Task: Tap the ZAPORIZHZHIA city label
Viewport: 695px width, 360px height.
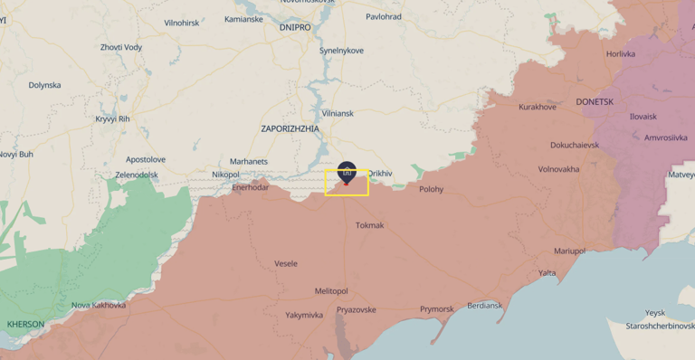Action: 290,129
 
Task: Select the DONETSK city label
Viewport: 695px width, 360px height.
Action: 595,102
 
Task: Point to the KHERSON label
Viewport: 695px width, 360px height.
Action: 25,324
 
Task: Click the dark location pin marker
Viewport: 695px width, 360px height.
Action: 347,172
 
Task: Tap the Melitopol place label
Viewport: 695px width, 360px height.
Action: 331,291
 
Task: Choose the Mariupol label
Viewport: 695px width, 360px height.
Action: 570,251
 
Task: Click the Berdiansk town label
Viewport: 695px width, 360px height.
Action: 485,306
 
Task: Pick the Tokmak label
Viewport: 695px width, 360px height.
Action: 370,225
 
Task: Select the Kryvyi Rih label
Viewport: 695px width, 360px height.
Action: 113,118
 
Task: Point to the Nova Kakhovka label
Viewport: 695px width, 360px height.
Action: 99,305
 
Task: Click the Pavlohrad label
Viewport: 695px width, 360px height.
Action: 384,16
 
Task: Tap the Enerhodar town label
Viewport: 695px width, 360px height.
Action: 251,187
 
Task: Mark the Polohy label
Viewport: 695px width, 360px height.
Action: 432,189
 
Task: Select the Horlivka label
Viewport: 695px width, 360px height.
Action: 621,54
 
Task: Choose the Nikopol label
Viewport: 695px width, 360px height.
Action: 225,175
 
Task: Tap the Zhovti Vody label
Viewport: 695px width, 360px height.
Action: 121,47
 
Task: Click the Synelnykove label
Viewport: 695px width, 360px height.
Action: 341,51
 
